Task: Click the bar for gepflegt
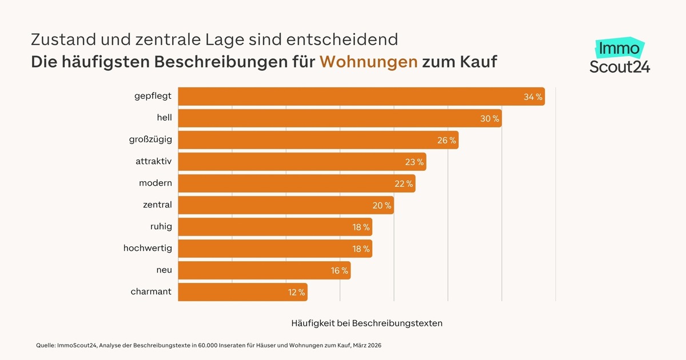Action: pyautogui.click(x=361, y=97)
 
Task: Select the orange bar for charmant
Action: pyautogui.click(x=242, y=293)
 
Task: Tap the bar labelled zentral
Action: pyautogui.click(x=286, y=205)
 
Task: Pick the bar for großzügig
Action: pyautogui.click(x=318, y=140)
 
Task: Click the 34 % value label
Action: pyautogui.click(x=533, y=97)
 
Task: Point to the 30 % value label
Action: pyautogui.click(x=489, y=119)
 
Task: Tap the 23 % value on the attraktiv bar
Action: pyautogui.click(x=414, y=162)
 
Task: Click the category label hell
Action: pyautogui.click(x=164, y=118)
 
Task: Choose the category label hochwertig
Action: pyautogui.click(x=147, y=248)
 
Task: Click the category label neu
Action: pyautogui.click(x=164, y=270)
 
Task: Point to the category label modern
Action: pyautogui.click(x=155, y=183)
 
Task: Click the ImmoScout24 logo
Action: pyautogui.click(x=620, y=57)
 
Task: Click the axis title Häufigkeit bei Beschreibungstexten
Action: pyautogui.click(x=366, y=323)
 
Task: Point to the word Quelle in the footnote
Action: pyautogui.click(x=45, y=346)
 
